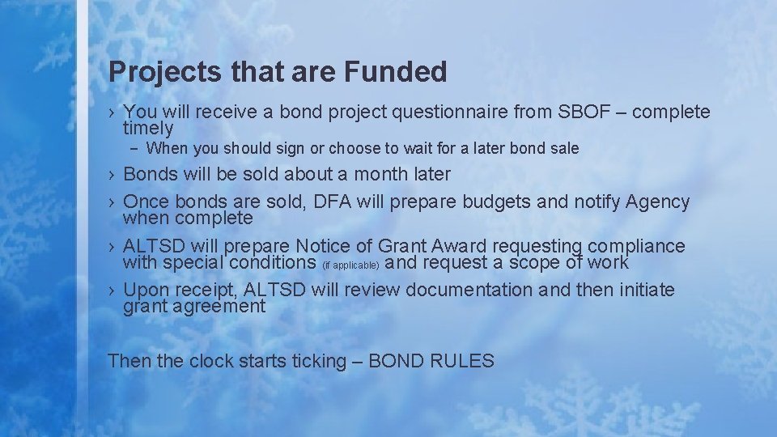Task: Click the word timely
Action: pos(148,128)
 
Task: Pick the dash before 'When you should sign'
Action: pos(135,149)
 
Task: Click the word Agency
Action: pos(657,202)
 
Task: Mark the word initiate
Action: pos(643,290)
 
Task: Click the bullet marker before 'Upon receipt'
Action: pos(113,291)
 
